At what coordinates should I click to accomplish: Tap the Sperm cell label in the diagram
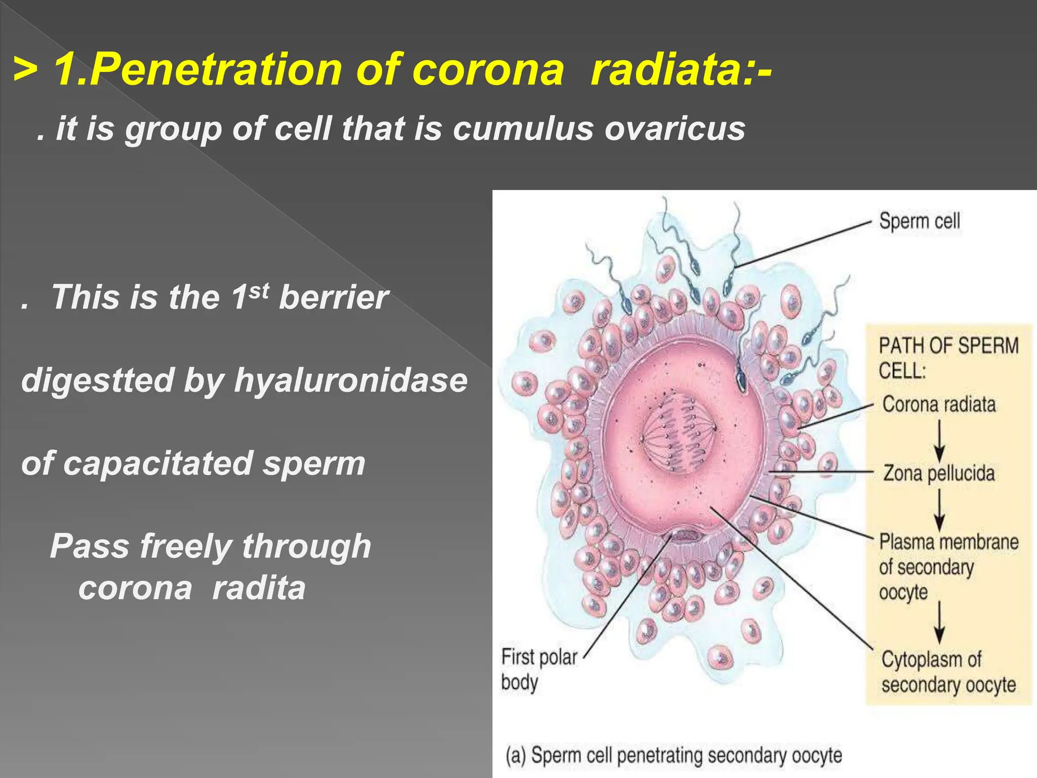[x=919, y=221]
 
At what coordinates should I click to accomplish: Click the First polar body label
[x=538, y=669]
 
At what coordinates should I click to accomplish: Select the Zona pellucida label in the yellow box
[x=939, y=473]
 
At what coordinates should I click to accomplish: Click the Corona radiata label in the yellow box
[x=939, y=404]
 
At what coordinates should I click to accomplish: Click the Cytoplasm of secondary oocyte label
[x=948, y=672]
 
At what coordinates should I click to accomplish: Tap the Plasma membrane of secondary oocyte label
[x=948, y=566]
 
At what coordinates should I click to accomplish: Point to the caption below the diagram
[x=673, y=755]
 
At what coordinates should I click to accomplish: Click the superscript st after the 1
[x=259, y=290]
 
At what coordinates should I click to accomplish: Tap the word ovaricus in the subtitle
[x=674, y=128]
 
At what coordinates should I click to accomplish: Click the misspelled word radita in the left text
[x=259, y=588]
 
